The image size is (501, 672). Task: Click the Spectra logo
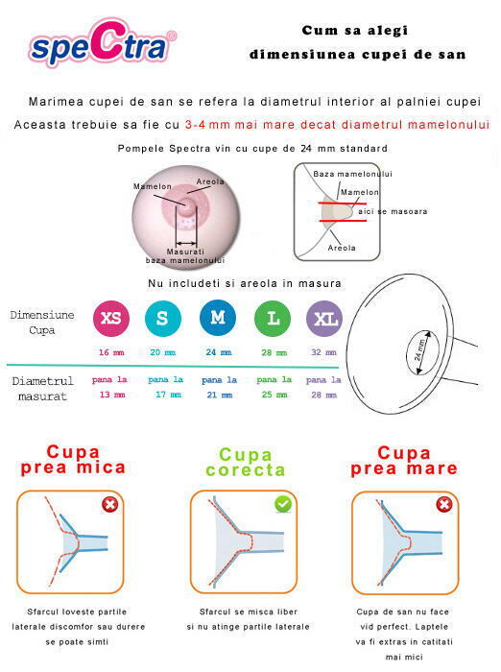[x=103, y=45]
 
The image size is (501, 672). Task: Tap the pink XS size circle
[x=110, y=318]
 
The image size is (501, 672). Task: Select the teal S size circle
[x=163, y=318]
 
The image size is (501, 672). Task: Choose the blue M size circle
[x=218, y=318]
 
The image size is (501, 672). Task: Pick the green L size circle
[x=273, y=318]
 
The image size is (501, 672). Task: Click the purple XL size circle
[x=324, y=318]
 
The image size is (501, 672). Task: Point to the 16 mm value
[x=110, y=352]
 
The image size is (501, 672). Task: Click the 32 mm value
[x=324, y=352]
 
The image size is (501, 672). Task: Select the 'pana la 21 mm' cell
[x=219, y=388]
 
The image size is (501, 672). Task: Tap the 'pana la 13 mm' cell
[x=109, y=388]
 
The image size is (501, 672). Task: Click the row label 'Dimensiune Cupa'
[x=42, y=323]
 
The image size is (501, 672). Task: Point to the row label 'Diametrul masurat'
[x=42, y=389]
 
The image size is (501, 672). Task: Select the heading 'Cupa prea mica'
[x=73, y=460]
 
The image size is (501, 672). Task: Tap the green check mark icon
[x=283, y=504]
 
